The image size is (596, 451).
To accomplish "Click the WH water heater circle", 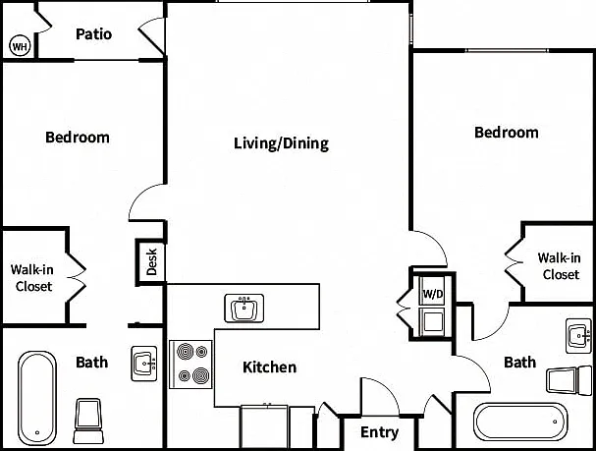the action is [x=20, y=46].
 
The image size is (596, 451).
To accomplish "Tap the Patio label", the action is [x=93, y=34].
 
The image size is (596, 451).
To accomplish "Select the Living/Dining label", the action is [x=281, y=143].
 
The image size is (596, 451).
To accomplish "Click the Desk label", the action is [x=151, y=261].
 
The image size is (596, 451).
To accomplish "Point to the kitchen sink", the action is [x=244, y=308].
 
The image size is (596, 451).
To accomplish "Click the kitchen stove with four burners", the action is [x=190, y=365].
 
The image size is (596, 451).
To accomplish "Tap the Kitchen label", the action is [x=269, y=367].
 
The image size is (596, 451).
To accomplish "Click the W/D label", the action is [x=433, y=294].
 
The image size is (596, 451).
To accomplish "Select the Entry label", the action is [x=379, y=432].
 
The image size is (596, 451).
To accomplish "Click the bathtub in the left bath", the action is [x=37, y=398].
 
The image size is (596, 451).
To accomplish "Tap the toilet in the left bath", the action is [x=87, y=421].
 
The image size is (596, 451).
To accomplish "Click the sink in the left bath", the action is [x=144, y=364].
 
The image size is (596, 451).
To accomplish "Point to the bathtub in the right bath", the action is [x=520, y=422].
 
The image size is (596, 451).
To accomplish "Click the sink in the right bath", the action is [x=578, y=336].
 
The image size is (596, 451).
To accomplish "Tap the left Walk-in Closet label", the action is [x=32, y=278].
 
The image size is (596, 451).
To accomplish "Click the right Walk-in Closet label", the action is [x=559, y=266].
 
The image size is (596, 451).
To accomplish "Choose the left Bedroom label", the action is [x=78, y=138].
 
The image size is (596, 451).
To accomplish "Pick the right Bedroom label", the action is [x=507, y=133].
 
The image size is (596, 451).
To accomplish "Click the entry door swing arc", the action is [x=388, y=387].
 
